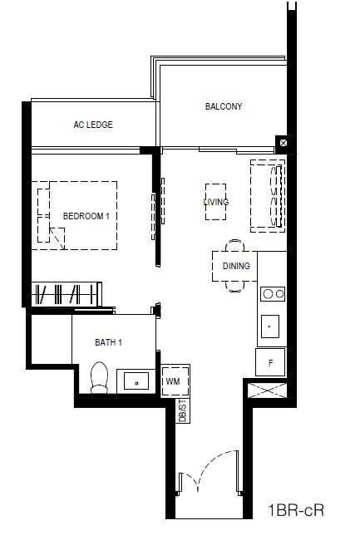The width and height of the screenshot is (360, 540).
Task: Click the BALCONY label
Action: click(224, 106)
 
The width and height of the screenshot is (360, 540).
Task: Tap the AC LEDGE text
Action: click(93, 125)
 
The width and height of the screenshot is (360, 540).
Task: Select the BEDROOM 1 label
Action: click(86, 216)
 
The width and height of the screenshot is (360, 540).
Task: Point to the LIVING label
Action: click(216, 202)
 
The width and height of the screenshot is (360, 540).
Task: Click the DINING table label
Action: click(236, 266)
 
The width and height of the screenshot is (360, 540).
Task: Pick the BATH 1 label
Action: click(108, 342)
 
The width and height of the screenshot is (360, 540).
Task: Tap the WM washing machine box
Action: click(175, 380)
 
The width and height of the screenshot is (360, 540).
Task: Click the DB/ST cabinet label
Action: click(183, 410)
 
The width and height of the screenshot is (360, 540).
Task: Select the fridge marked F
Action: click(270, 362)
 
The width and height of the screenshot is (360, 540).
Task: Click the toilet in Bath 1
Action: click(99, 377)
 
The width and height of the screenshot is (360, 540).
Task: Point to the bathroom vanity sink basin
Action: click(136, 380)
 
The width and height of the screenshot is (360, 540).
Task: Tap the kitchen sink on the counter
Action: click(270, 326)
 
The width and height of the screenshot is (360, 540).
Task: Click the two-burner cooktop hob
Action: click(273, 294)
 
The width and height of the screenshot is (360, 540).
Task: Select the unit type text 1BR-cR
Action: click(296, 510)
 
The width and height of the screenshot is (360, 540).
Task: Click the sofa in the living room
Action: click(268, 195)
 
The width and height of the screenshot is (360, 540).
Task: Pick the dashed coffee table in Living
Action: click(215, 202)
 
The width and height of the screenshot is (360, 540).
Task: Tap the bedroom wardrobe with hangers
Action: click(67, 294)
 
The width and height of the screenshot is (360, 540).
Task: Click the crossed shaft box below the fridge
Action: click(268, 390)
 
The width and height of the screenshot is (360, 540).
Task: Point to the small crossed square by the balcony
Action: click(284, 143)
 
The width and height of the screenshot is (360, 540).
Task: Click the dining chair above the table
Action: click(234, 245)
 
